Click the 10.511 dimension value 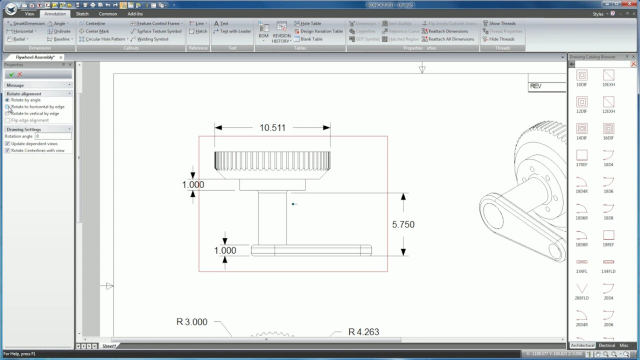pyautogui.click(x=272, y=128)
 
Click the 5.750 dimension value pyautogui.click(x=403, y=224)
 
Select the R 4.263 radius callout pyautogui.click(x=363, y=332)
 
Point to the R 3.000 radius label pyautogui.click(x=192, y=322)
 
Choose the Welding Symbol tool pyautogui.click(x=152, y=39)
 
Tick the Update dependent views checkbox pyautogui.click(x=7, y=143)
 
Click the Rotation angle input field pyautogui.click(x=53, y=136)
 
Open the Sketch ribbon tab pyautogui.click(x=82, y=14)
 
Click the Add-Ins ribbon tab pyautogui.click(x=135, y=14)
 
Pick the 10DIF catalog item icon pyautogui.click(x=581, y=75)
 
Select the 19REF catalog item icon pyautogui.click(x=608, y=235)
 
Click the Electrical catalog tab pyautogui.click(x=606, y=345)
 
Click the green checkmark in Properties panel pyautogui.click(x=11, y=74)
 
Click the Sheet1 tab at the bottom pyautogui.click(x=109, y=346)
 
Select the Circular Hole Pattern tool pyautogui.click(x=104, y=39)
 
